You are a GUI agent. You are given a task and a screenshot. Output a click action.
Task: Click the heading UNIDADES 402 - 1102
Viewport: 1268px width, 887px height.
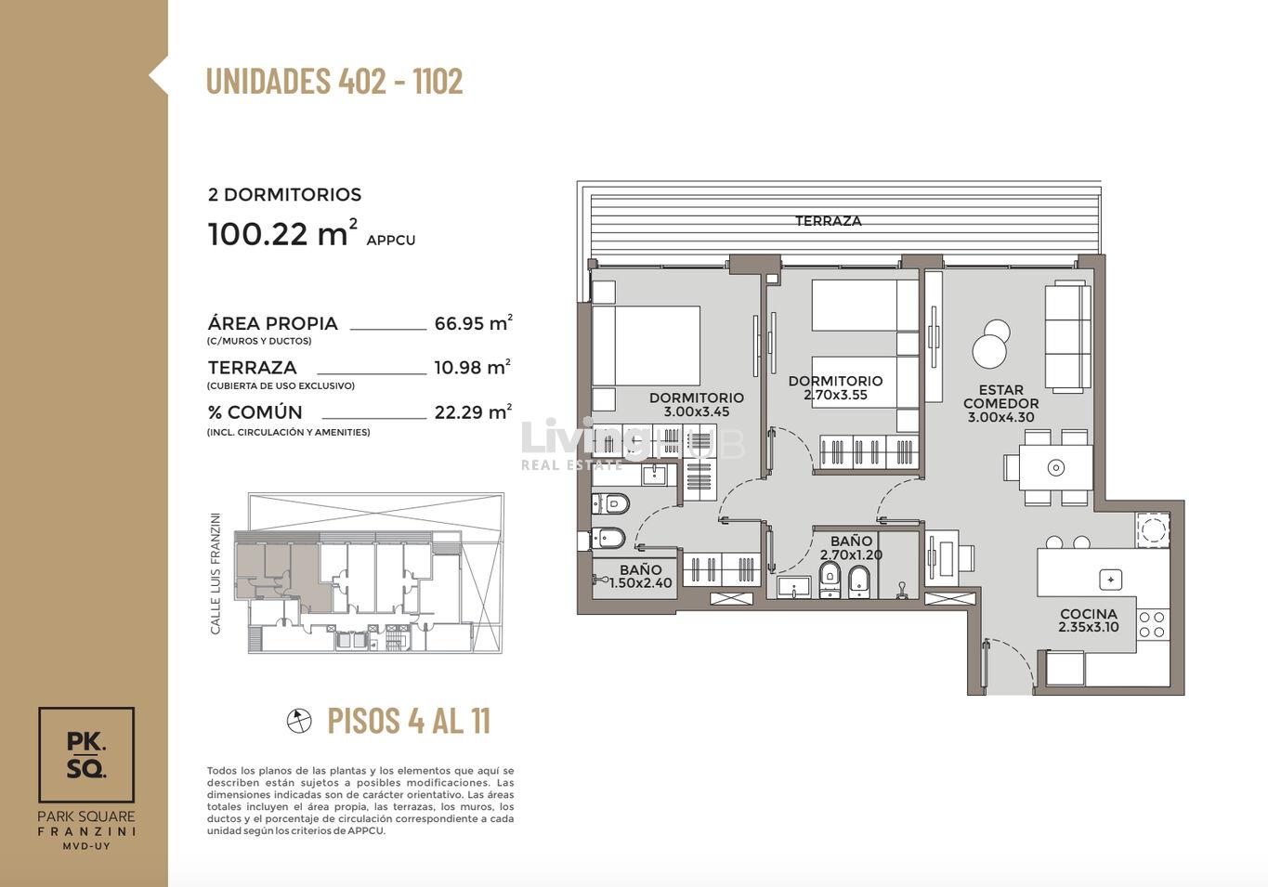coord(334,81)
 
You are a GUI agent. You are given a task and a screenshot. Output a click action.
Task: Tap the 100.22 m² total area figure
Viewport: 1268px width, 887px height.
coord(283,233)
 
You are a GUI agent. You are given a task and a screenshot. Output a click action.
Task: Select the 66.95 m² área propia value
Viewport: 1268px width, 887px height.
coord(473,323)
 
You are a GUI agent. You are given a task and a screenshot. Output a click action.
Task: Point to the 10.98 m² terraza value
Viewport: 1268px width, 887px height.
coord(473,368)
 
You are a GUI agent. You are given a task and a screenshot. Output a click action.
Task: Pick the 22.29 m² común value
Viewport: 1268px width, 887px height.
coord(473,411)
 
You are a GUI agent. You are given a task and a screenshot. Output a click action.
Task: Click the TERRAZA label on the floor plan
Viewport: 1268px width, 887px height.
coord(829,221)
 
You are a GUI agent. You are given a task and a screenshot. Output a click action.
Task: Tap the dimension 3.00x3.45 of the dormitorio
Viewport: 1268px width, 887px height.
coord(697,412)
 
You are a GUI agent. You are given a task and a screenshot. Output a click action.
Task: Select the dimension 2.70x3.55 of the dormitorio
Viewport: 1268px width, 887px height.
coord(835,395)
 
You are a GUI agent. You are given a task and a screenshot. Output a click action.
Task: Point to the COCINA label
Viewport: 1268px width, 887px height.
coord(1089,614)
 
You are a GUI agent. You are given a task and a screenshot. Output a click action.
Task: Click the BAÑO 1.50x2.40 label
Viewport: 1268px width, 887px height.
coord(640,576)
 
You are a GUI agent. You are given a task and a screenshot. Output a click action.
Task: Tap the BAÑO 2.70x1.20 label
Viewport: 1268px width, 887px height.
coord(851,548)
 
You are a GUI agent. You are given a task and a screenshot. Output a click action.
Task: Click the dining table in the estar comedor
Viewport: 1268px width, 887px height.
coord(1055,467)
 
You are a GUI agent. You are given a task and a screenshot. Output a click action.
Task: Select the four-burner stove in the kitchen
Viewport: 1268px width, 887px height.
coord(1152,624)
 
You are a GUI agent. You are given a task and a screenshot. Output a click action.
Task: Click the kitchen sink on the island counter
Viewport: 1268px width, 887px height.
coord(1111,580)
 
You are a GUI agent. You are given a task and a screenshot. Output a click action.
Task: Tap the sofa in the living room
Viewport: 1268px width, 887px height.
coord(1067,337)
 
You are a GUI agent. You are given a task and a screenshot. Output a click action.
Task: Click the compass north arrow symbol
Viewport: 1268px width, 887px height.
coord(299,721)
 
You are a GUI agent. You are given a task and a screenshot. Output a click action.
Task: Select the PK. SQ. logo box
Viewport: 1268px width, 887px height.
coord(86,754)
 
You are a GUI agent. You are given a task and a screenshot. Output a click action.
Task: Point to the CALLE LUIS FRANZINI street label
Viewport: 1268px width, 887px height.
coord(216,573)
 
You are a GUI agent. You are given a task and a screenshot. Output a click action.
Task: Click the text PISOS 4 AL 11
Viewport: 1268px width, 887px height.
coord(409,721)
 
